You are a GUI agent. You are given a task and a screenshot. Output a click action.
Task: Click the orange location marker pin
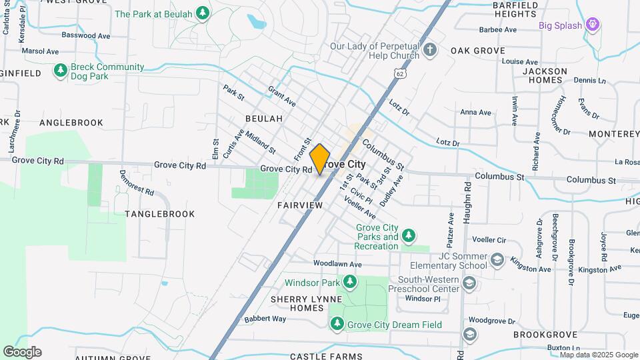pos(320,159)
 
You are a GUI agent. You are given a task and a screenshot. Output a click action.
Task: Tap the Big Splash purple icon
pos(593,26)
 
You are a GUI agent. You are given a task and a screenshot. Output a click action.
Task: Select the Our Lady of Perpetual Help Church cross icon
pos(431,49)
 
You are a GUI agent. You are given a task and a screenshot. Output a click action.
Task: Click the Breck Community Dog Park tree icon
pos(61,71)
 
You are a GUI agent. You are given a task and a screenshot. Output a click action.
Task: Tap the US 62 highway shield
pos(399,72)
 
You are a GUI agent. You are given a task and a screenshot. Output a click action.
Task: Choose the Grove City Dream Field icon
pos(337,324)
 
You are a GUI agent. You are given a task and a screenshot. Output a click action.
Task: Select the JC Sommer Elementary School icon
pos(497,259)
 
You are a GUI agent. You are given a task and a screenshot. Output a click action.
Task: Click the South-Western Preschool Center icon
pos(469,285)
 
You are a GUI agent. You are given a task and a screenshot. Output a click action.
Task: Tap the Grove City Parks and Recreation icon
pos(409,236)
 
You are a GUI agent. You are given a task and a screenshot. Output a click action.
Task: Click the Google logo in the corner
pos(22,352)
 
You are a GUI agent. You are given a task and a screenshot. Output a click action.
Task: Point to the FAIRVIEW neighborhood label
pos(299,205)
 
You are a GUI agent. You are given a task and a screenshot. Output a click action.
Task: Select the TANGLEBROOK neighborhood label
pos(160,214)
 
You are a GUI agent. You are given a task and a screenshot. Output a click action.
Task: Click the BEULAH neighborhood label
pos(264,119)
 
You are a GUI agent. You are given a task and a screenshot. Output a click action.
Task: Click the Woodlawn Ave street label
pos(337,264)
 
